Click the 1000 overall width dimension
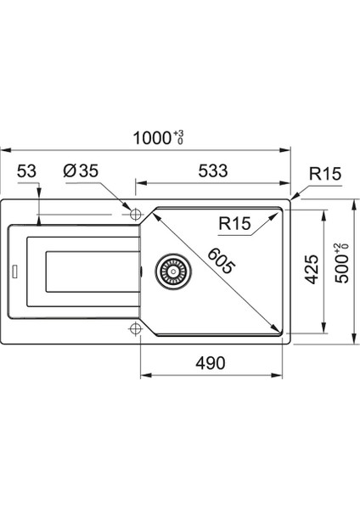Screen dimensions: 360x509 [x=152, y=138]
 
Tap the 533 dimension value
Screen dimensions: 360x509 [x=213, y=171]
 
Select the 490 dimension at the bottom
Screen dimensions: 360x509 [x=211, y=363]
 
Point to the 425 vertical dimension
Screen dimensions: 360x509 [x=312, y=270]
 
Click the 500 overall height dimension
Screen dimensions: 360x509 [x=342, y=268]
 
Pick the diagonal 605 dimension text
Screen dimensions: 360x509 [x=221, y=260]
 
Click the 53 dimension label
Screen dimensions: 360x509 [x=26, y=171]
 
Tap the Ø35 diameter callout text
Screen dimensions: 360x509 [x=81, y=171]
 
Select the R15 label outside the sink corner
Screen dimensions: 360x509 [x=325, y=174]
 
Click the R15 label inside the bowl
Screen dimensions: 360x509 [x=235, y=223]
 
